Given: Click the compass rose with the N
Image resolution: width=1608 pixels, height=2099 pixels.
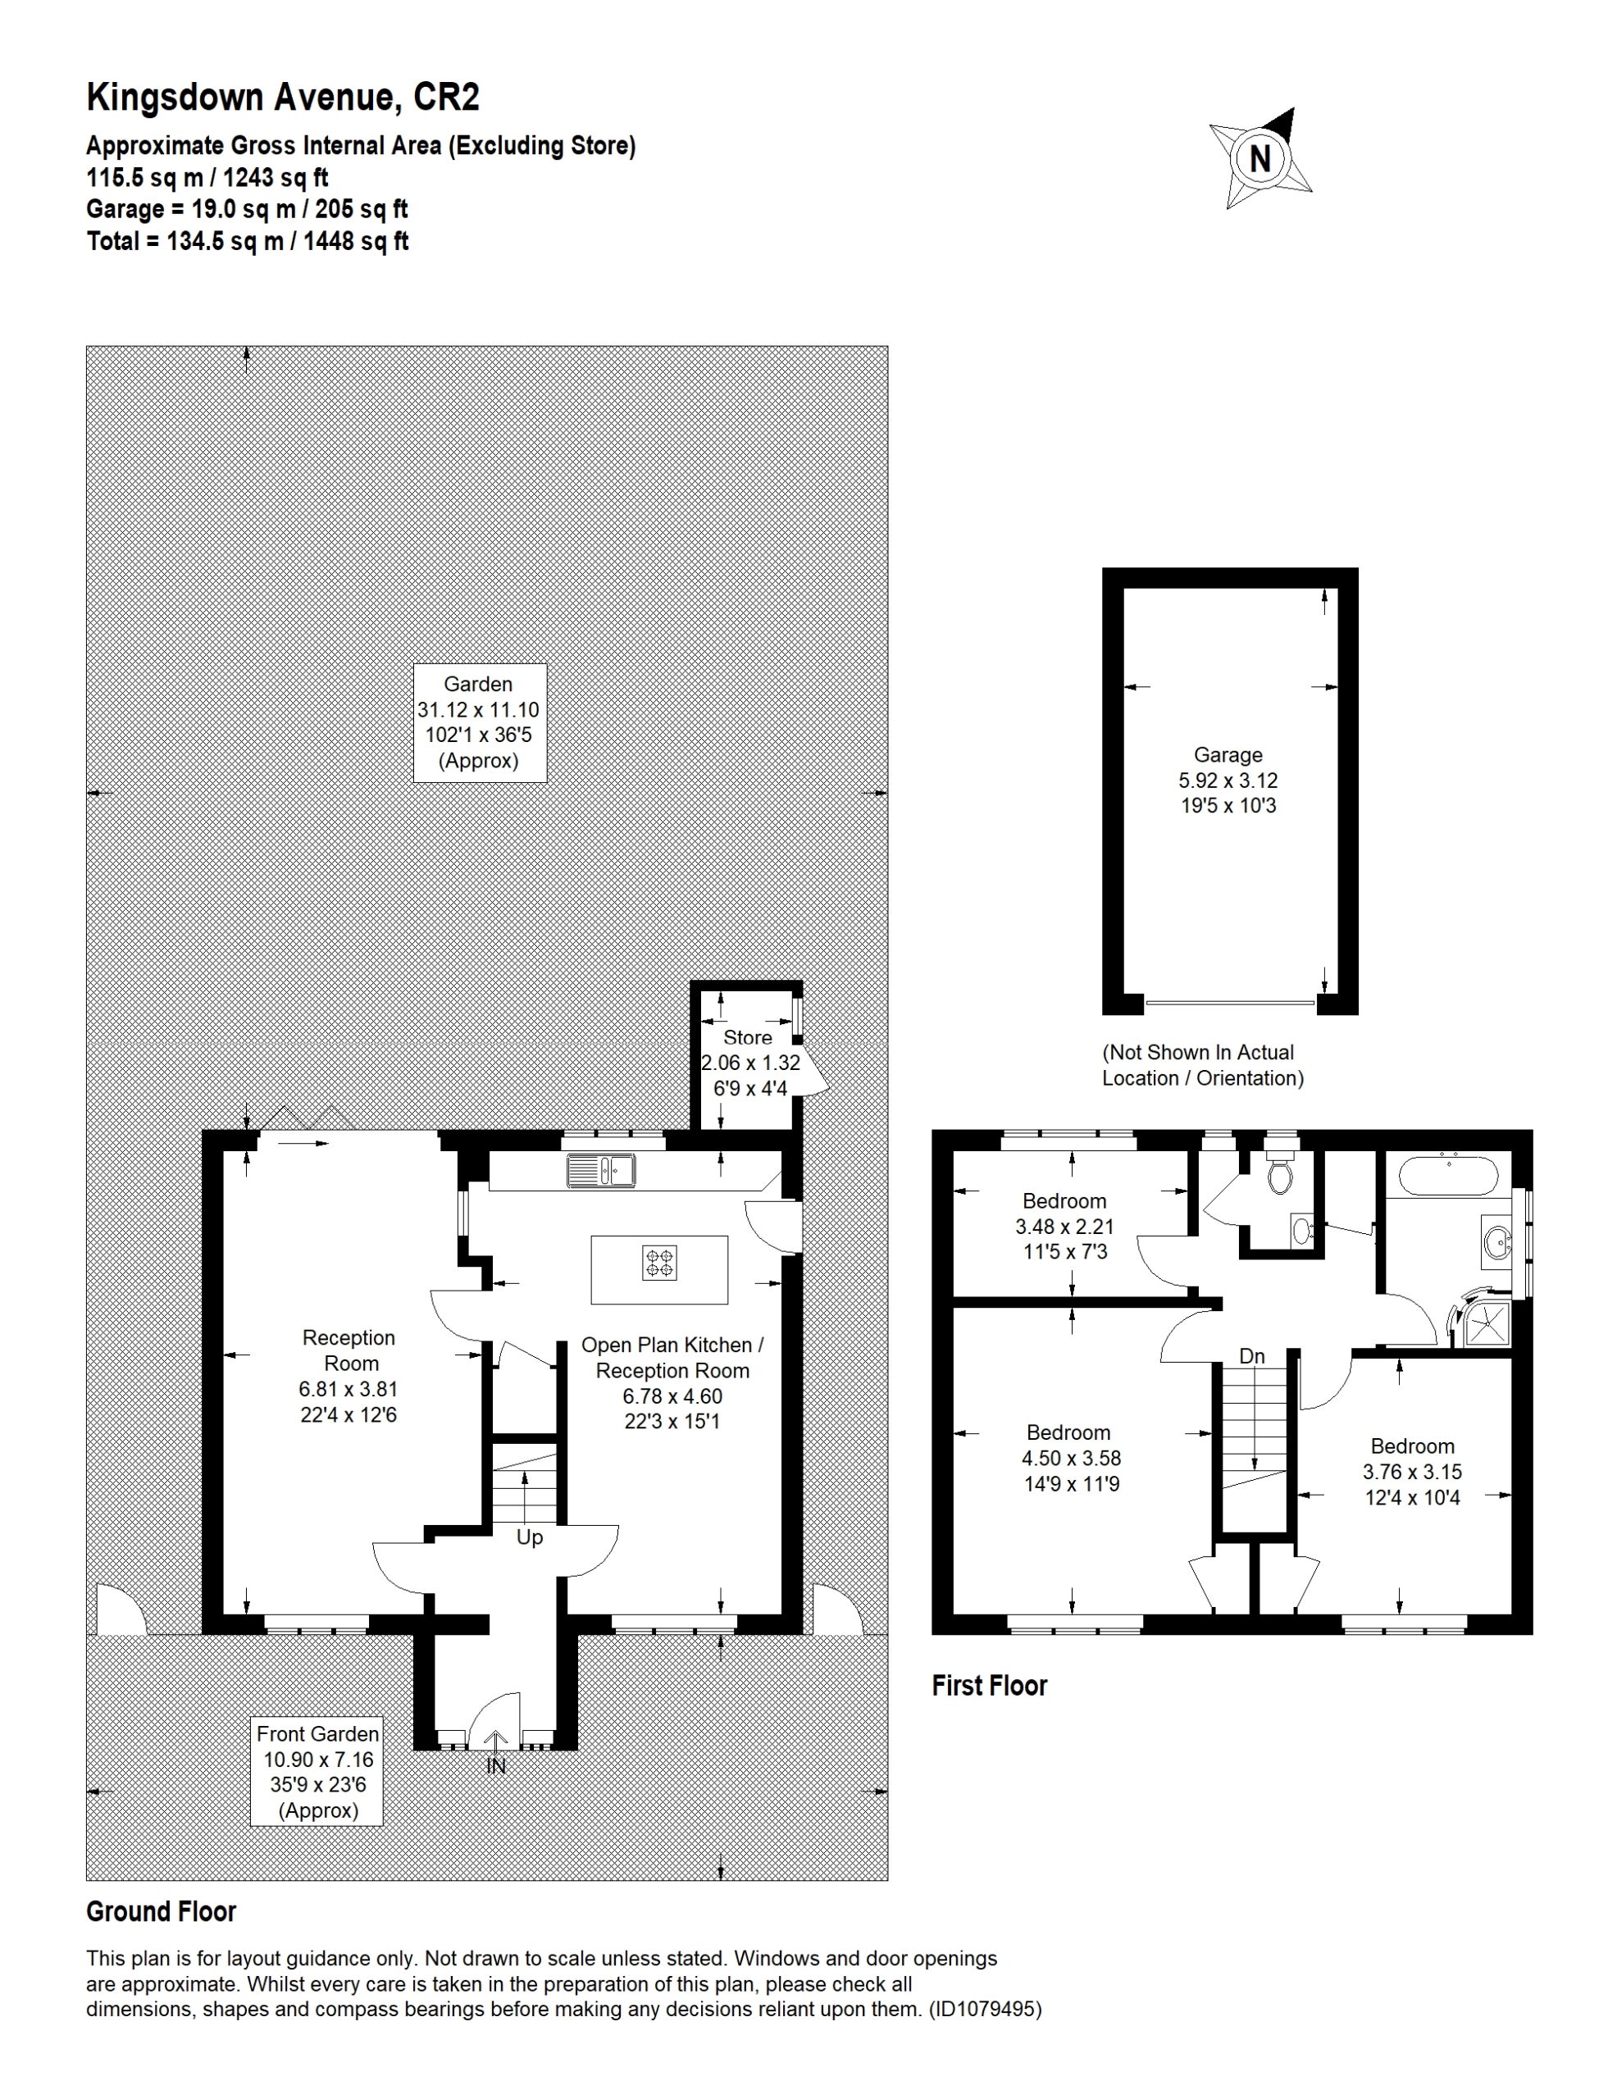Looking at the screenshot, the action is point(1260,158).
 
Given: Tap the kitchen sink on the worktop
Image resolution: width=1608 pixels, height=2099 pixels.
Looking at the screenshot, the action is point(601,1171).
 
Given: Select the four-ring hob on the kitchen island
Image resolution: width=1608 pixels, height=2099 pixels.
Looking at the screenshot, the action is point(659,1263).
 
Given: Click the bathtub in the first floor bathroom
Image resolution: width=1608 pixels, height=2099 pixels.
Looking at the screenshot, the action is point(1448,1176).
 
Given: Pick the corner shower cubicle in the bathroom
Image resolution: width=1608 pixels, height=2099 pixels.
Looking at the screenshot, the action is point(1483,1322).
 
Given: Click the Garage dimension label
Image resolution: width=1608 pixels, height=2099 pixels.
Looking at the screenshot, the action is point(1228,780).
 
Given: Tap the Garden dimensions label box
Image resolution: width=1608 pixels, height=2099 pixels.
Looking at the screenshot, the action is point(480,722).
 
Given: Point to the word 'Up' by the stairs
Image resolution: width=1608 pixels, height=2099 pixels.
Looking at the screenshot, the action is point(529,1537).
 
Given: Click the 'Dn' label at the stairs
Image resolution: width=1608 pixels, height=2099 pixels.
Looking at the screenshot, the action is point(1252,1356).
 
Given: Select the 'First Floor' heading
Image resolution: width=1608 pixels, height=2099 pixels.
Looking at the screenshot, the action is point(990,1686).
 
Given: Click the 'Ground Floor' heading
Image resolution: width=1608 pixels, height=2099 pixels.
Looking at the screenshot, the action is point(161,1911).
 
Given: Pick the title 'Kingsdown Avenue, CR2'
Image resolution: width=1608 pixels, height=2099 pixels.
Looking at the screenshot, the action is point(284,98).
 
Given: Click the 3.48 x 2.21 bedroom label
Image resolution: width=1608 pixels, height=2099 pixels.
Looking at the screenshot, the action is point(1064,1226).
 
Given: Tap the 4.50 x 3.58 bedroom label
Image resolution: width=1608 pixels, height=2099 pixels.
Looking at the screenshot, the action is point(1068,1458).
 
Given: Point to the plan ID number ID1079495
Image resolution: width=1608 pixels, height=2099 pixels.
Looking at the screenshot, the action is point(985,2009).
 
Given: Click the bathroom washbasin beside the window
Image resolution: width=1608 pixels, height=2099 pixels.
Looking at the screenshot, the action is point(1496,1241).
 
